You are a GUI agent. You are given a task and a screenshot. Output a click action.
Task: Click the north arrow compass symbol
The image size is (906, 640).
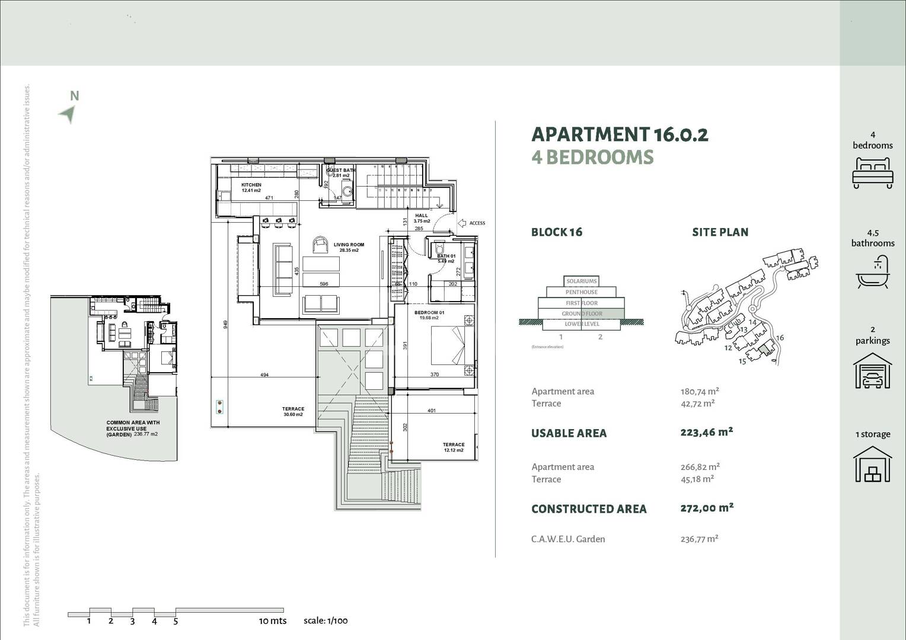[x=69, y=113]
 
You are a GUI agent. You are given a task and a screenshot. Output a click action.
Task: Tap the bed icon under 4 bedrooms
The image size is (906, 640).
[x=872, y=172]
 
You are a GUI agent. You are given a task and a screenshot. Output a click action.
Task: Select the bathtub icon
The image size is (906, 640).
[x=872, y=273]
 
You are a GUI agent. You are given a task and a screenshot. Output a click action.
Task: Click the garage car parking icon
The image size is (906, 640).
[x=872, y=371]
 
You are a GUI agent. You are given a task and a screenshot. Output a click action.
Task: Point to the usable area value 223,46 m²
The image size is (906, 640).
[x=706, y=432]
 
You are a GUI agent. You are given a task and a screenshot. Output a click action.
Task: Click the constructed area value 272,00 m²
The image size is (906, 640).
[x=707, y=508]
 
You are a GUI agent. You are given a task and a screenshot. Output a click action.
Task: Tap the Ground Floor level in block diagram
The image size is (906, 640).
[x=582, y=313]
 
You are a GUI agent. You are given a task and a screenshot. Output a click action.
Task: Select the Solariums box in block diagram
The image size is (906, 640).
[x=582, y=281]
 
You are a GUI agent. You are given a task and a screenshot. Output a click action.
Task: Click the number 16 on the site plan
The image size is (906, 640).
[x=780, y=338]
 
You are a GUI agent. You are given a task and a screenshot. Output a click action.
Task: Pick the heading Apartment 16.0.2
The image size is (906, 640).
[x=619, y=135]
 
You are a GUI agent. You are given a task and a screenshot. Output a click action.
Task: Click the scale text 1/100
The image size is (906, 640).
[x=326, y=621]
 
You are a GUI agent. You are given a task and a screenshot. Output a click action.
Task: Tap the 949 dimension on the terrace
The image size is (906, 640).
[x=225, y=324]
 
